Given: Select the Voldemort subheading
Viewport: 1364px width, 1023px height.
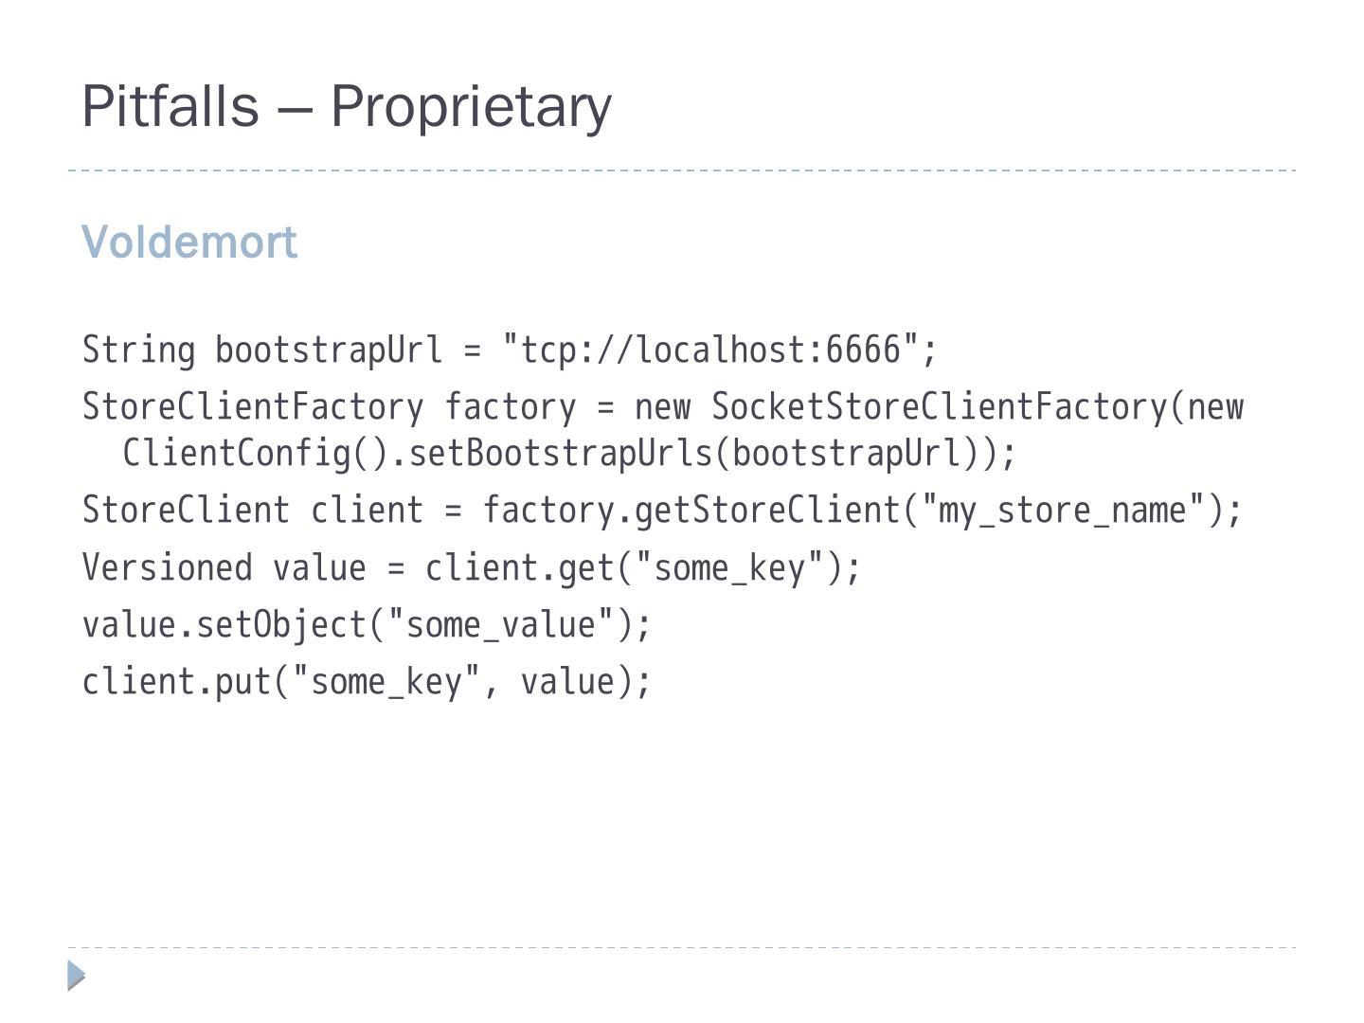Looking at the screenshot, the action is click(189, 242).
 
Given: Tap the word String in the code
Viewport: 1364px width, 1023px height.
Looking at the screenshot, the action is click(138, 350).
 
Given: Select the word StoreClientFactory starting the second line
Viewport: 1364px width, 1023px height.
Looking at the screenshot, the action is click(253, 407).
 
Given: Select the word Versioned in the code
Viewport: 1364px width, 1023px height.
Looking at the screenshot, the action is click(167, 568).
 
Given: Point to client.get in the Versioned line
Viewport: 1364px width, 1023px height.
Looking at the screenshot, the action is click(520, 568).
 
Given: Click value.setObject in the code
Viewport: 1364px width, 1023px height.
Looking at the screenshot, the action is click(224, 625).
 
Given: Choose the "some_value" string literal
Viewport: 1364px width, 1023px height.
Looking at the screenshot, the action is click(501, 625).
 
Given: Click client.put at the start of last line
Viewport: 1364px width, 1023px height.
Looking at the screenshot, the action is click(177, 682).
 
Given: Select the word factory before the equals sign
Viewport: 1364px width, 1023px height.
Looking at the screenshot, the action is click(510, 407).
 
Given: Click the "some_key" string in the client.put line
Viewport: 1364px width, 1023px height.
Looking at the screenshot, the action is click(386, 682).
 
